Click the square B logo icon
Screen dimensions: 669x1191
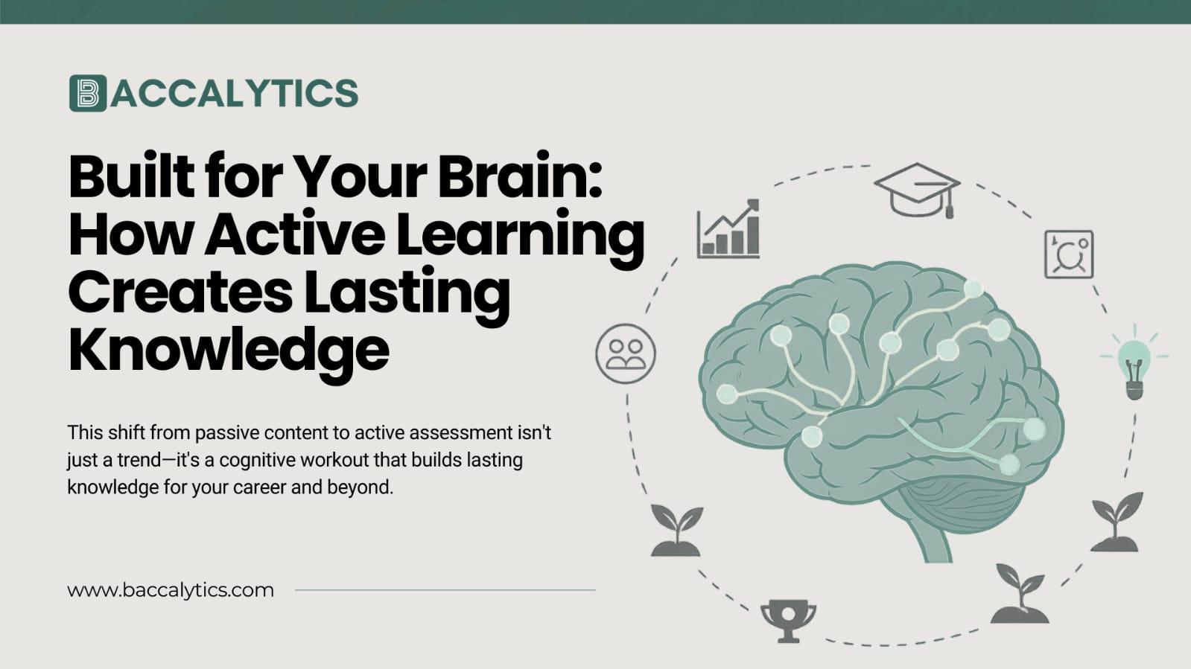88,93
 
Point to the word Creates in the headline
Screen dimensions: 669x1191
180,292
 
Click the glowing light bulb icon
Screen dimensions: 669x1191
1133,361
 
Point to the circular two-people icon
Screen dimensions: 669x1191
626,353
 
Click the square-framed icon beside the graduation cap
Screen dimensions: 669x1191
1069,255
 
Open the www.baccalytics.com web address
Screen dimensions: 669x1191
171,590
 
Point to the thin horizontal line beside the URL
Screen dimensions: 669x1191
445,590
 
